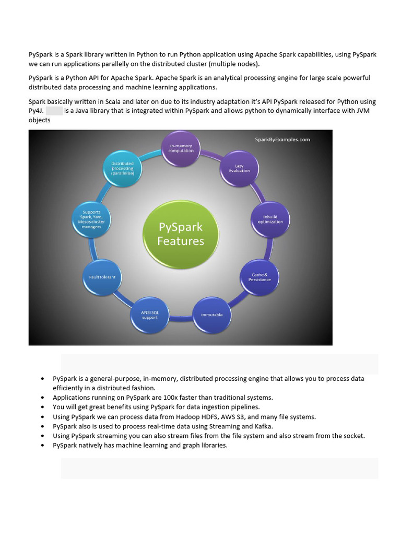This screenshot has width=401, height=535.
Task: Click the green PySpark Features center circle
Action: coord(181,234)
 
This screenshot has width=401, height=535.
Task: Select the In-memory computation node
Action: coord(181,148)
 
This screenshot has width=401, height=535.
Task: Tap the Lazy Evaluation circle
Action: coord(239,168)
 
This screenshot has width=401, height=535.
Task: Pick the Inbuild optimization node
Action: coord(270,219)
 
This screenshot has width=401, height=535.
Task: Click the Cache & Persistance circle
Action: coord(260,277)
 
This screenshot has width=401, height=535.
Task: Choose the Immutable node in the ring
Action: coord(212,315)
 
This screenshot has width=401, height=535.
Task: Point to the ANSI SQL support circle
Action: coord(149,315)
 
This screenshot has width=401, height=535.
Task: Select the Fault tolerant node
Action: coord(102,277)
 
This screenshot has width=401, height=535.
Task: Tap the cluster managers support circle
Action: coord(91,219)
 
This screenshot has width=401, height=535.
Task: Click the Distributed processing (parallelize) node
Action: coord(123,168)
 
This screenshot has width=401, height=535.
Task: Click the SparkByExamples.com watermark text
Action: coord(282,139)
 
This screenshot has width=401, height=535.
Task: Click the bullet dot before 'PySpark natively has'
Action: coord(42,446)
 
